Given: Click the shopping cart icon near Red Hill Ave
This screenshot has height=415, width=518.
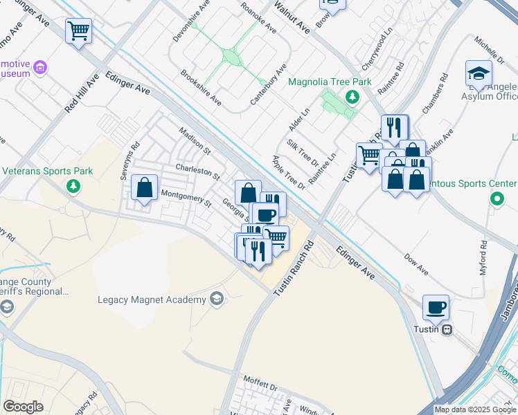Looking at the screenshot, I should coord(78,31).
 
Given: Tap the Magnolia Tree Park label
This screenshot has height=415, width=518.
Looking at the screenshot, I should coord(330,82).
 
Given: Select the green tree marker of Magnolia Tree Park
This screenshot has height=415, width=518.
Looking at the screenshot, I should coord(352,96).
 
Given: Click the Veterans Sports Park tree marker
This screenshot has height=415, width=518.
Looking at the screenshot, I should coord(73,185).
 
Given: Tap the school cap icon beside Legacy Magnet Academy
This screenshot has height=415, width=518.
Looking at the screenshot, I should coord(216,299).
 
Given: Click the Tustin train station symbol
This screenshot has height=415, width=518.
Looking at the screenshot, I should coord(448,329).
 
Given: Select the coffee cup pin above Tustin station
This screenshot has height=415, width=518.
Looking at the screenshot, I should coord(436,307).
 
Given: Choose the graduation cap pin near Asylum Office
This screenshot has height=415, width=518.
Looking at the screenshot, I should coord(479,73).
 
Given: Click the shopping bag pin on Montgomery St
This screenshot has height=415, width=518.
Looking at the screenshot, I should coord(144,188).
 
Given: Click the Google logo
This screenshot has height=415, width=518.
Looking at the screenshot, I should coord(24,407).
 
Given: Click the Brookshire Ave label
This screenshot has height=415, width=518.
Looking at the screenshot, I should coord(200,87).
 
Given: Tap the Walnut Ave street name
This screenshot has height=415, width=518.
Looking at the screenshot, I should coord(292,17).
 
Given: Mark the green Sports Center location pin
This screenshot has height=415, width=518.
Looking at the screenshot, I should coord(497,200).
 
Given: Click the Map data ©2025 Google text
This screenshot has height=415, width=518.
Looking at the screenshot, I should coord(476,409).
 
